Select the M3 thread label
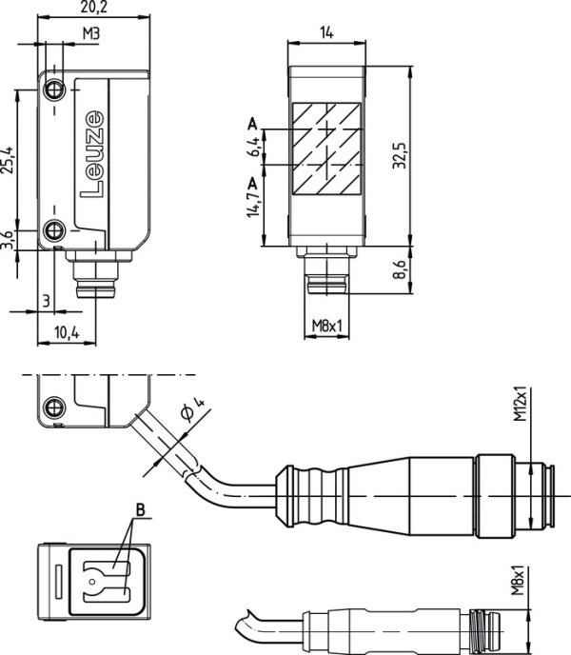[91, 34]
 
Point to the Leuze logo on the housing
[94, 153]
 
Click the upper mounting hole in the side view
[55, 89]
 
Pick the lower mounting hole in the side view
[55, 229]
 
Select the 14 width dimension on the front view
[326, 32]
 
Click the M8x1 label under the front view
[326, 327]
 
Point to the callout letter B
[140, 510]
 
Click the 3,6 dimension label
[8, 239]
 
